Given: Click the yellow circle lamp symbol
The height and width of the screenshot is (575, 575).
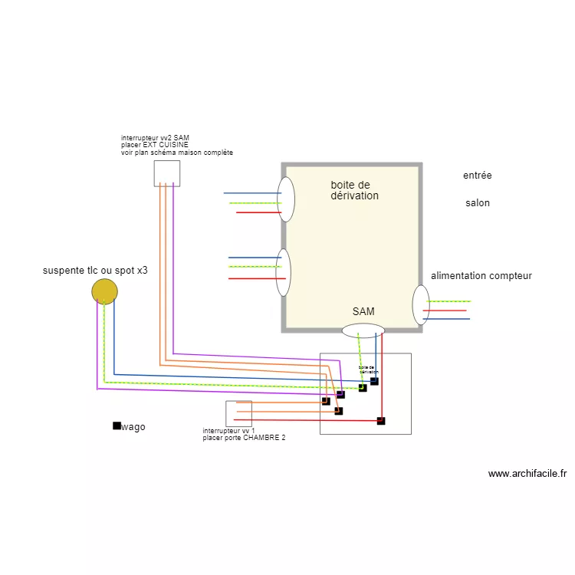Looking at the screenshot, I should pyautogui.click(x=104, y=291).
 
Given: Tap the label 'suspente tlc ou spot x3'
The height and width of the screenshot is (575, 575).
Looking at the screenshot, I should pyautogui.click(x=95, y=271).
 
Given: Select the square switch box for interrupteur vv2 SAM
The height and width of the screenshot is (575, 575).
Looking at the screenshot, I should pyautogui.click(x=166, y=173).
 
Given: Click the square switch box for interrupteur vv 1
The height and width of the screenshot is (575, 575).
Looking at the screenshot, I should pyautogui.click(x=238, y=413).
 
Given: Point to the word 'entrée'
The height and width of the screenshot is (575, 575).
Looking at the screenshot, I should pyautogui.click(x=477, y=176).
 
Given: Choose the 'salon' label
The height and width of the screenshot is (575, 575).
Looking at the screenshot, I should pyautogui.click(x=477, y=203).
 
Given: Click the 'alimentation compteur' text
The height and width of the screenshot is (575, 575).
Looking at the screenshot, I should pyautogui.click(x=481, y=276).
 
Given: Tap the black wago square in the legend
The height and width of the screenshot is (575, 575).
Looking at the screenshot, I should pyautogui.click(x=117, y=426).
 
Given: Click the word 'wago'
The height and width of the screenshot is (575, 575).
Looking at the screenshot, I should pyautogui.click(x=133, y=427).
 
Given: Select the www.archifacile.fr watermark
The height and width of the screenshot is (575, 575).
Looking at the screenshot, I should pyautogui.click(x=527, y=474).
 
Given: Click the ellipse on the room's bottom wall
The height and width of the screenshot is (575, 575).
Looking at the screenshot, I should pyautogui.click(x=363, y=330).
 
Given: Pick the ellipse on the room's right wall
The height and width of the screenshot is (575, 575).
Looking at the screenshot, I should pyautogui.click(x=421, y=304).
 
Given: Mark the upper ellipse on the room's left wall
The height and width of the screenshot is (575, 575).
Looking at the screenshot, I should pyautogui.click(x=286, y=199).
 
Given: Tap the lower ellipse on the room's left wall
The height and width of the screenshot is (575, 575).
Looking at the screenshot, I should pyautogui.click(x=284, y=272).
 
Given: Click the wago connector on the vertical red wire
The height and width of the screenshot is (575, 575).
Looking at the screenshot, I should pyautogui.click(x=381, y=420).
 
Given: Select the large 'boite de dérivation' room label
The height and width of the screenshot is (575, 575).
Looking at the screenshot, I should pyautogui.click(x=354, y=190).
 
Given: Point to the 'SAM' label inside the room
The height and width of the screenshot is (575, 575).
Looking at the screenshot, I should pyautogui.click(x=363, y=311).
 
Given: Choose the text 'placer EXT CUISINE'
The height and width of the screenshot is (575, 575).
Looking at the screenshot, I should pyautogui.click(x=154, y=145).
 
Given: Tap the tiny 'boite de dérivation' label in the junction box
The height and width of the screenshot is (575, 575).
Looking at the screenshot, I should pyautogui.click(x=367, y=370).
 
